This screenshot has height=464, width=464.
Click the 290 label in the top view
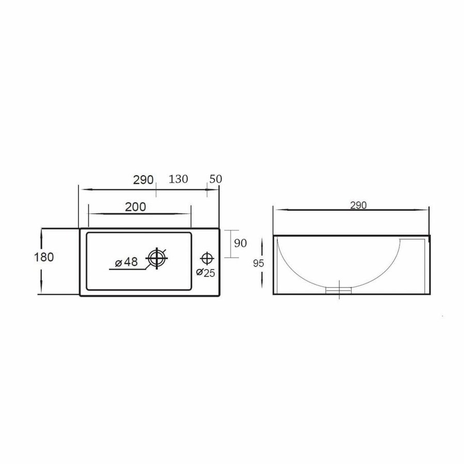144,179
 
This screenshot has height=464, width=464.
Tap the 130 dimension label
178,179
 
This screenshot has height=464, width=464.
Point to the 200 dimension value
136,207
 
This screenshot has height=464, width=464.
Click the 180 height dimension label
44,257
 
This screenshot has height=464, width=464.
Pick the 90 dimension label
241,243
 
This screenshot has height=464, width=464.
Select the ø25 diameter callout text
206,273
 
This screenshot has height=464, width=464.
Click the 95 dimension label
259,263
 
